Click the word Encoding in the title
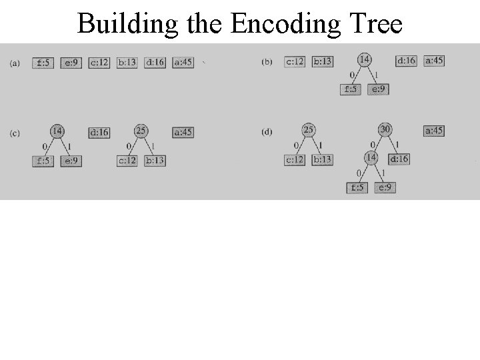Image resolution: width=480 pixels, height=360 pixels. (x=287, y=24)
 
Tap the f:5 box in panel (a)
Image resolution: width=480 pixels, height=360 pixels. (x=43, y=63)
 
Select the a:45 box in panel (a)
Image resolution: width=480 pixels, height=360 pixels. (x=182, y=63)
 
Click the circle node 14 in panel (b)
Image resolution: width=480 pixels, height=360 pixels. (x=365, y=60)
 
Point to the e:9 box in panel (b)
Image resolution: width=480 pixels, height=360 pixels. (x=378, y=89)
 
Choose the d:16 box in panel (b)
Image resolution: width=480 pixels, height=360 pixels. (x=406, y=61)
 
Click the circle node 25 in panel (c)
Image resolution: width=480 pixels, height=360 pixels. (x=141, y=131)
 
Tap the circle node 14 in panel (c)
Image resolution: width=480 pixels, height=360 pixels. (x=57, y=131)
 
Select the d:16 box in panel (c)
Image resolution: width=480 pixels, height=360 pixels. (x=99, y=133)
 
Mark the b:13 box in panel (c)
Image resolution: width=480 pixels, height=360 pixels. (x=155, y=161)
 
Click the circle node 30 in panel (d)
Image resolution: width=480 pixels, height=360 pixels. (x=385, y=129)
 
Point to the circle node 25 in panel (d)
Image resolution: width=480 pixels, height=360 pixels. (x=309, y=130)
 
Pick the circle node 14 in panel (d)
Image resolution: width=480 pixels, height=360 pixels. (x=371, y=158)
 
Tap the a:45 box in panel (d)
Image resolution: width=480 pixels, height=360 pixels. (x=434, y=131)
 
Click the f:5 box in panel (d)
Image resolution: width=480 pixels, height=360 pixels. (x=357, y=187)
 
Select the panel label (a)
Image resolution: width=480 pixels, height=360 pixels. (x=15, y=63)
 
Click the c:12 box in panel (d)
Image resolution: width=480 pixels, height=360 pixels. (x=295, y=159)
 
